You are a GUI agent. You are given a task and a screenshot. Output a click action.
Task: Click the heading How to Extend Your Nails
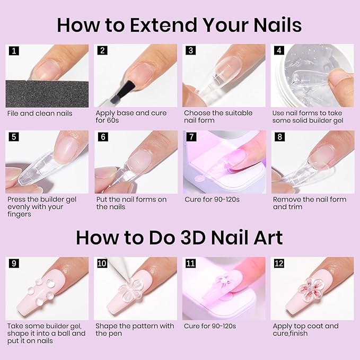pyautogui.click(x=180, y=24)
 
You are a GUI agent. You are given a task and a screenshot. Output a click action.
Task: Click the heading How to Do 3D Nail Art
pyautogui.click(x=180, y=237)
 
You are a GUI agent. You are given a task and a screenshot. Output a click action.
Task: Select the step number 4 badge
pyautogui.click(x=279, y=51)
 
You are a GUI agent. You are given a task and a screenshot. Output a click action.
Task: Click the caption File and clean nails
pyautogui.click(x=40, y=113)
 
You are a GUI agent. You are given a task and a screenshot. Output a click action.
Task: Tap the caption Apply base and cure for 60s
pyautogui.click(x=131, y=117)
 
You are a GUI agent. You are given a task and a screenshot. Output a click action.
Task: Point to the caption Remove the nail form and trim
pyautogui.click(x=309, y=203)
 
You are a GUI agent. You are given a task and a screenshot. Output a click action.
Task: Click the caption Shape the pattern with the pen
pyautogui.click(x=135, y=329)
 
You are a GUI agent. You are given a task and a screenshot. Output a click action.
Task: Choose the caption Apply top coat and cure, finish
pyautogui.click(x=305, y=329)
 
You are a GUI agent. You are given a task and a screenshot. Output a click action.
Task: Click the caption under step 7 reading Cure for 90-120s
pyautogui.click(x=210, y=200)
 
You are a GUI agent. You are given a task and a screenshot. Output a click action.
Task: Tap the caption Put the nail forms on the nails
pyautogui.click(x=131, y=203)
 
